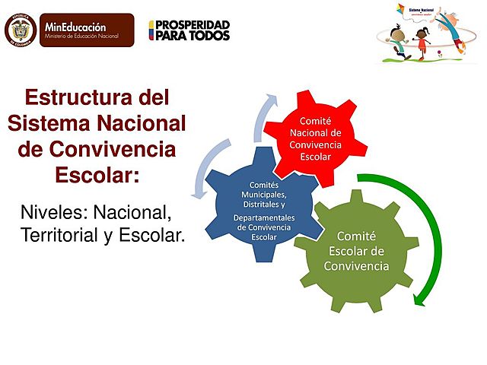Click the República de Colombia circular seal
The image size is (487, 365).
(x=21, y=30)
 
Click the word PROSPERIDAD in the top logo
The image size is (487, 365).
(x=193, y=24)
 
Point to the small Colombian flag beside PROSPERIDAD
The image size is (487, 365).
(x=151, y=30)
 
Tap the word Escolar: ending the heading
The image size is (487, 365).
(x=97, y=174)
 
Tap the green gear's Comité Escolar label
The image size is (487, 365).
(x=356, y=251)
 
